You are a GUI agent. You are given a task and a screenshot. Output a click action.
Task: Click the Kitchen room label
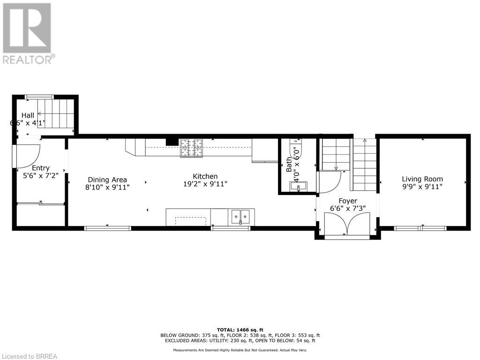point(205,176)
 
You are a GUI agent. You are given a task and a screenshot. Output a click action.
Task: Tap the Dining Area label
point(107,180)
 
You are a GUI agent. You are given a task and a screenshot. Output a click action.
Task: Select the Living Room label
point(422,179)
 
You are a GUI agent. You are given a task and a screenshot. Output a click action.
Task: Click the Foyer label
point(348,201)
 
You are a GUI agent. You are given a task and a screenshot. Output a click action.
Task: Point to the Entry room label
point(41,168)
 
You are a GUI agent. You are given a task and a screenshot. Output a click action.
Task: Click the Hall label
point(28,115)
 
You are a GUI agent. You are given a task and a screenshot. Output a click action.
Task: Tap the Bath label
point(289,165)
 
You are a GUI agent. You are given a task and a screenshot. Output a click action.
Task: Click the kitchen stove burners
point(191,148)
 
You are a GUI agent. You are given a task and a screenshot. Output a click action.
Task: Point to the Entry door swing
point(28,157)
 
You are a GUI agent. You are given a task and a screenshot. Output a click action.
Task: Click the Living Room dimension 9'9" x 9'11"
point(422,187)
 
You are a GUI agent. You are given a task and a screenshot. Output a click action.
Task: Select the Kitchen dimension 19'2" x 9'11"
point(205,184)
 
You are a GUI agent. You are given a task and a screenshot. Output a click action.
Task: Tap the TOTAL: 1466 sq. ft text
point(240,330)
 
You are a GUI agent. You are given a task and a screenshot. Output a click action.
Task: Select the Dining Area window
point(107,228)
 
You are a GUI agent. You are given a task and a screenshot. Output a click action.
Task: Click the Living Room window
point(420,228)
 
